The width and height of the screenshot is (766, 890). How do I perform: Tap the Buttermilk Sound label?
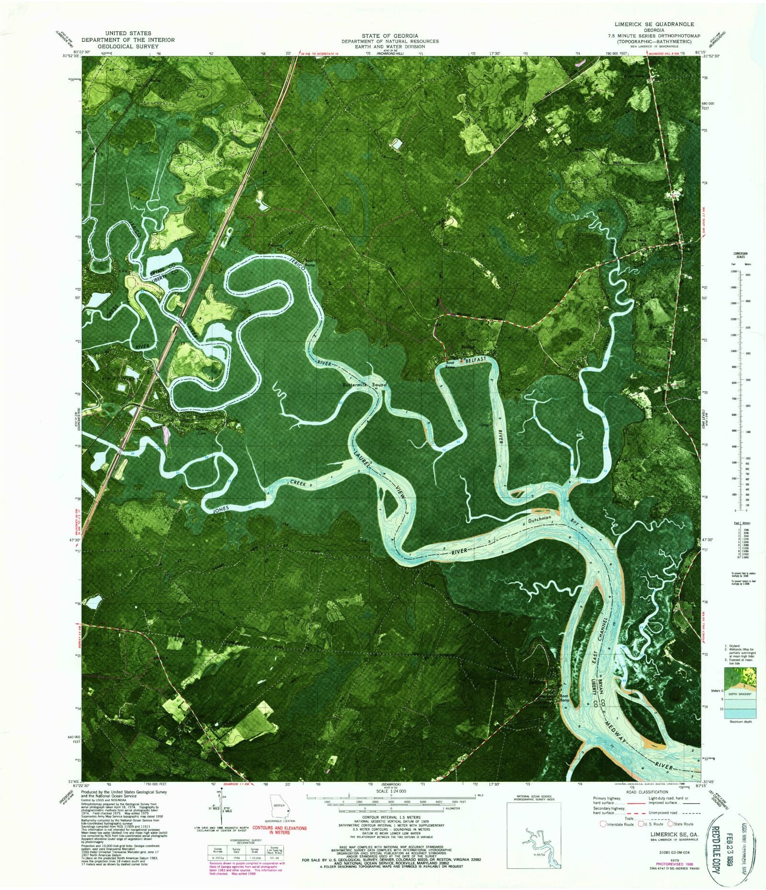tap(364, 385)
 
